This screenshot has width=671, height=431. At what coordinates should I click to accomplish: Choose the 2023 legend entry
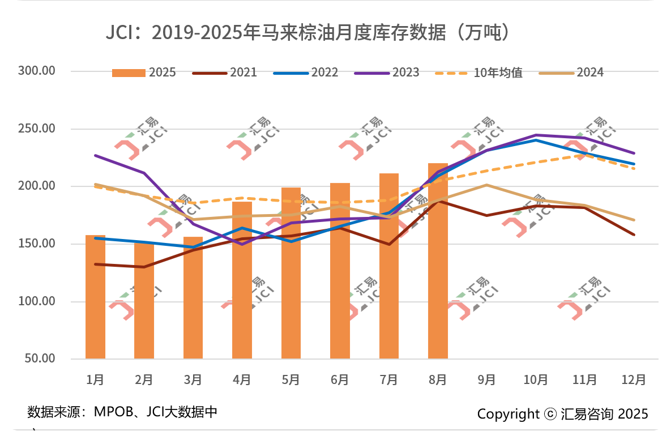[x=387, y=72]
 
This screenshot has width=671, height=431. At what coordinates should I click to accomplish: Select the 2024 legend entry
[x=572, y=72]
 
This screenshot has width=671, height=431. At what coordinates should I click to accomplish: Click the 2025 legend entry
[x=144, y=72]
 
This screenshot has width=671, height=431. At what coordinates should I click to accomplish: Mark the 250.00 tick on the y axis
[x=36, y=129]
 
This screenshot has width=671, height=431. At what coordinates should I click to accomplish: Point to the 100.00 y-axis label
[x=36, y=301]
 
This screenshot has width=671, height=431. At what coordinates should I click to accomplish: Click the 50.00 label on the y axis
[x=39, y=359]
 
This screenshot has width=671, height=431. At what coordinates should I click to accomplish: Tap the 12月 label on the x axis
[x=634, y=379]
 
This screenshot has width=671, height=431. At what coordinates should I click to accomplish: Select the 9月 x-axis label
[x=487, y=379]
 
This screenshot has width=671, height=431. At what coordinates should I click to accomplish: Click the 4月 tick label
[x=242, y=379]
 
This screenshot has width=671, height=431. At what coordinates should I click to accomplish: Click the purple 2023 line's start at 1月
[x=95, y=155]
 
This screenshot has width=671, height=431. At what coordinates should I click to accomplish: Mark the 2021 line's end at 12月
[x=634, y=234]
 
